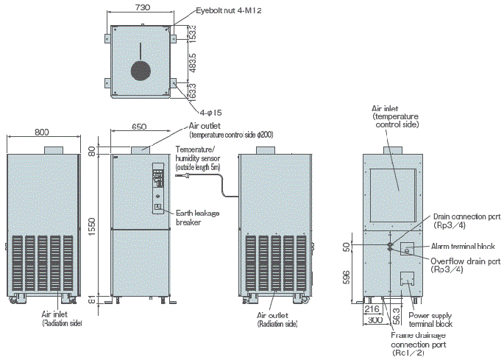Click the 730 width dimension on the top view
pos(143,7)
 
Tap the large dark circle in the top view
pos(140,70)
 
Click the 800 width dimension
pos(42,133)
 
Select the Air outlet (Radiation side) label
pos(277,318)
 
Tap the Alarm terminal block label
pos(462,246)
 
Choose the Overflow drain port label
pos(465,265)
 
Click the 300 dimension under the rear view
pos(375,321)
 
